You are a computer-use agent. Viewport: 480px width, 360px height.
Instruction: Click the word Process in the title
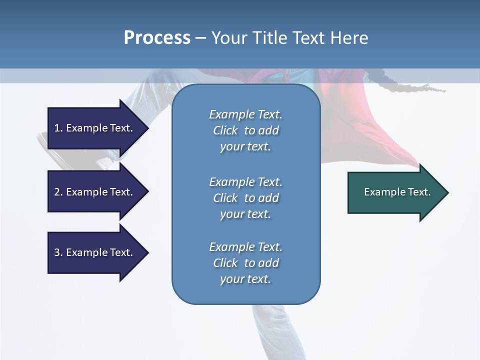pyautogui.click(x=157, y=38)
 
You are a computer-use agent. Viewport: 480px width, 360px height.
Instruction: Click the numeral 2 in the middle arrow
pyautogui.click(x=57, y=192)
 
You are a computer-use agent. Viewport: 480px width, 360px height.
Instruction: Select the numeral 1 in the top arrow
pyautogui.click(x=57, y=128)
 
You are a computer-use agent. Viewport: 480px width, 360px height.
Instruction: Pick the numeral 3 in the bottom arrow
pyautogui.click(x=57, y=252)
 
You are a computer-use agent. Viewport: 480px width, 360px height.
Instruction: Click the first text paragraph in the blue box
pyautogui.click(x=245, y=130)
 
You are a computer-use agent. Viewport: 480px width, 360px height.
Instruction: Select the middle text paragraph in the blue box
pyautogui.click(x=245, y=198)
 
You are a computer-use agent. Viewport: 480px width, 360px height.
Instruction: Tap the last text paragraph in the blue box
pyautogui.click(x=245, y=263)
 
